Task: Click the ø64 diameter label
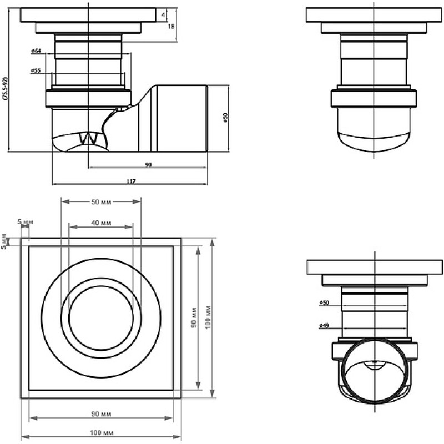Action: pos(36,51)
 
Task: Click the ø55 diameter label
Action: pos(36,71)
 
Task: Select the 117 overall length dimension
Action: pos(131,181)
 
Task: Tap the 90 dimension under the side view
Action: pos(148,164)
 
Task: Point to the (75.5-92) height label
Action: pos(6,88)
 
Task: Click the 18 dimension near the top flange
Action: pos(171,27)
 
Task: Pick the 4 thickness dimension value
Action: pos(163,15)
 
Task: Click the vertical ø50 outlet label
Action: pos(225,118)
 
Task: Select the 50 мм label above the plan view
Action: pos(101,202)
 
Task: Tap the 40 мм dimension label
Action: pos(101,223)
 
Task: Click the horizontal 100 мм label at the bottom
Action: pos(102,433)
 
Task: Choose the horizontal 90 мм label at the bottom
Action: pos(101,414)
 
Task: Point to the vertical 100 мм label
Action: pos(208,317)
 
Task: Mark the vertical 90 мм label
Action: pos(194,317)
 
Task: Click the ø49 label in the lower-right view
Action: pos(324,326)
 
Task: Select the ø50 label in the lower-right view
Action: pos(325,302)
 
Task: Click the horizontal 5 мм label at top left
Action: pos(25,222)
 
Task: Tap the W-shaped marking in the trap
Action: pos(88,138)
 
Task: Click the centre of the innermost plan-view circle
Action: pos(101,317)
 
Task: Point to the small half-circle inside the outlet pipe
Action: pos(374,366)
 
